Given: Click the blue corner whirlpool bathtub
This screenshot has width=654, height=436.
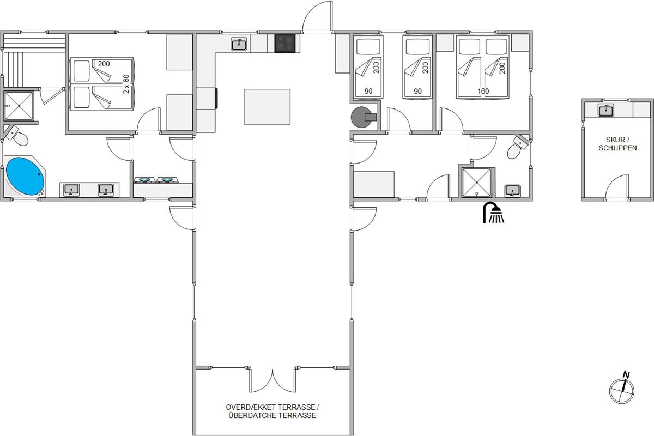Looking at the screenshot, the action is tap(25, 176).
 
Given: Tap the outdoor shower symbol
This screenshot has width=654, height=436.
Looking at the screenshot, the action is tap(493, 213).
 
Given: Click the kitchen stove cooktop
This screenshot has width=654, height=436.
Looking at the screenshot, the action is tap(285, 43).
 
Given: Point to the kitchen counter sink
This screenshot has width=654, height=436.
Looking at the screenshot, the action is tap(239, 45).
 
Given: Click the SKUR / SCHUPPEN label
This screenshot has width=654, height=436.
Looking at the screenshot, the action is tap(617, 144).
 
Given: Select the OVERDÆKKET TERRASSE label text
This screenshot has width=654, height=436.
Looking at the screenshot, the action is tap(272, 407).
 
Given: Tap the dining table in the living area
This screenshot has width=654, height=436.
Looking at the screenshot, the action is tap(267, 107).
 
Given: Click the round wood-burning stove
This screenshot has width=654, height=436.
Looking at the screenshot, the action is tap(364, 117).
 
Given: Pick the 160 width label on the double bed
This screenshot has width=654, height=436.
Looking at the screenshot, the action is tap(483, 91).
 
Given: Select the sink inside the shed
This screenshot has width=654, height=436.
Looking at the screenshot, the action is tap(606, 111).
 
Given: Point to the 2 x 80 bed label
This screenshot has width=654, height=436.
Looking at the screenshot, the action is tap(126, 84).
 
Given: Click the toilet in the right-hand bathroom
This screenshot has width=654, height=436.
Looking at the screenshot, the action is tap(518, 147).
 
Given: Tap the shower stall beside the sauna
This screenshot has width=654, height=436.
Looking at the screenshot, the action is tap(19, 106).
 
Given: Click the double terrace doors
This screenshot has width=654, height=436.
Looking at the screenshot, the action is tap(272, 380).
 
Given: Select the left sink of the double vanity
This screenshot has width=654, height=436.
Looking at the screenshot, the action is tap(71, 190).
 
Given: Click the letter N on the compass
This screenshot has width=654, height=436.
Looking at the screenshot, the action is tap(626, 374).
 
